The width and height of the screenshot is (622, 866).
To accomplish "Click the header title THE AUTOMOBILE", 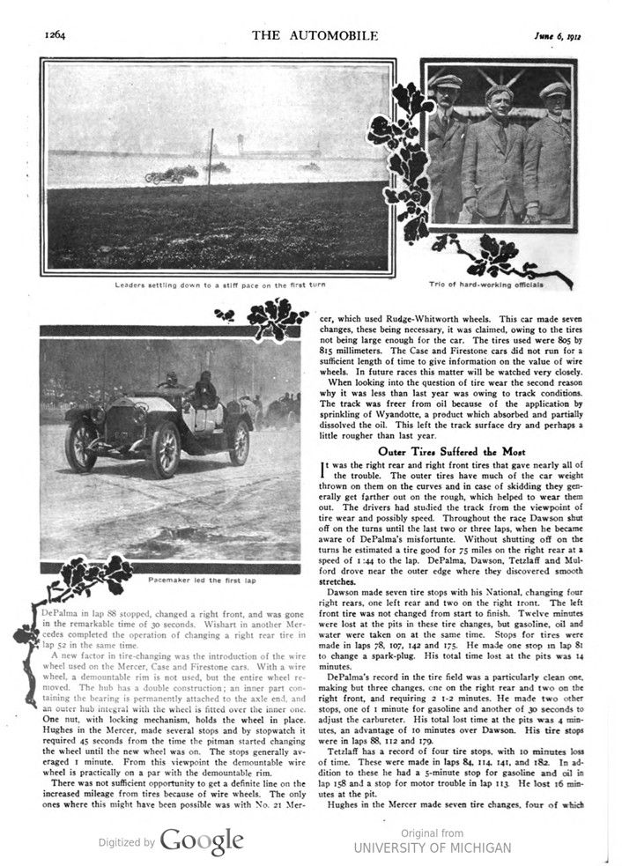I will click(x=315, y=35).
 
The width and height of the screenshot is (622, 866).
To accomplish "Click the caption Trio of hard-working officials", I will click(x=496, y=285).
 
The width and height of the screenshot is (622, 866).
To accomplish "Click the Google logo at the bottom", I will click(x=202, y=841).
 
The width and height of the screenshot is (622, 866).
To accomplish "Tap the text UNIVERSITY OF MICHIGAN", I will click(x=432, y=847).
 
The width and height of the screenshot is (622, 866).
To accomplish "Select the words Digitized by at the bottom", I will click(x=125, y=843).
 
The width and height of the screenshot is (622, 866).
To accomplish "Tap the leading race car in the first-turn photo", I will click(x=165, y=175).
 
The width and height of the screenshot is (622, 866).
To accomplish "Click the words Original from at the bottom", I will click(x=432, y=832).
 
